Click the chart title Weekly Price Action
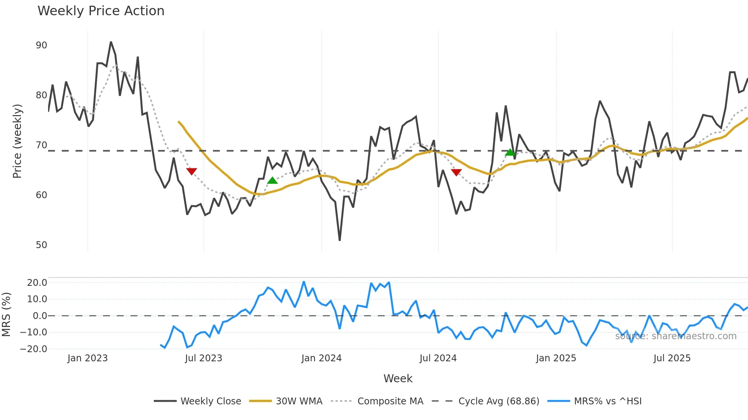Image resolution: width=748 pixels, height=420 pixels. [101, 11]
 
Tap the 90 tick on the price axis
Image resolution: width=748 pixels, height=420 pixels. [41, 45]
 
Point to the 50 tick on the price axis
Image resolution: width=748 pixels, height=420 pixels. [41, 245]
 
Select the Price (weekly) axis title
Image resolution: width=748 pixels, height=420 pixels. [17, 141]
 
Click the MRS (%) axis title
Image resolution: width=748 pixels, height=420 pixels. [6, 314]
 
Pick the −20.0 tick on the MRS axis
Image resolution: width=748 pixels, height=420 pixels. [34, 349]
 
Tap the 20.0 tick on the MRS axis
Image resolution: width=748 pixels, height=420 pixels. [37, 283]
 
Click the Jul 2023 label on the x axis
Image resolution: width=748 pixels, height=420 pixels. [203, 358]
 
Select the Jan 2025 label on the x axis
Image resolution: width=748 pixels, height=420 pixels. [556, 358]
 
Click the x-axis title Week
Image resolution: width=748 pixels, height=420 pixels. [398, 378]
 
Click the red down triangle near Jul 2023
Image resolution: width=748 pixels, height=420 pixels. [192, 171]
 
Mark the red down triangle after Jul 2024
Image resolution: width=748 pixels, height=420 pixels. [456, 172]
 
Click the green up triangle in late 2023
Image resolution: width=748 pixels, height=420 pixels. [272, 181]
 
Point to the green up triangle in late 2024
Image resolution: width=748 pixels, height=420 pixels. [510, 152]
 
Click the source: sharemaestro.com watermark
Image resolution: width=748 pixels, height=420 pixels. [675, 336]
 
